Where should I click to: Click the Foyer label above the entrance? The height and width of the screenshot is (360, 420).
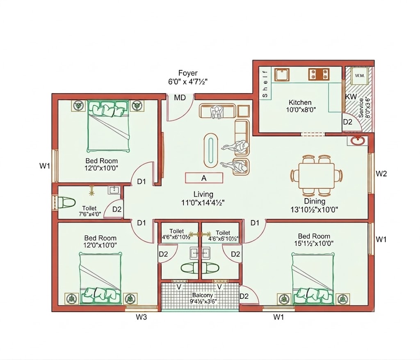pos(188,73)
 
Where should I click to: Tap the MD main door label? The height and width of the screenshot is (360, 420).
pos(180,98)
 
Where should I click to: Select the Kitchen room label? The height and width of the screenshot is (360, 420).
pos(300,102)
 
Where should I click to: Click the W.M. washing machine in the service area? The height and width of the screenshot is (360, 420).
pos(360,76)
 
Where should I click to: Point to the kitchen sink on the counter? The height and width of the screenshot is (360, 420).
pos(282,75)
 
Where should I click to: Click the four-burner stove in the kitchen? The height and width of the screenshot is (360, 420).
pos(319,74)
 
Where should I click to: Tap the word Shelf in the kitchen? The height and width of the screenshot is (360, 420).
pos(265,84)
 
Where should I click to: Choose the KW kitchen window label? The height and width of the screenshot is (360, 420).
pos(351,97)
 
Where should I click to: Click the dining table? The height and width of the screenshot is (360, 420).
pos(316,176)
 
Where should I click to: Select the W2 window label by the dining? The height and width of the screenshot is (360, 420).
pos(381,174)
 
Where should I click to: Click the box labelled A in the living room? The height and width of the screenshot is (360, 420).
pos(204,178)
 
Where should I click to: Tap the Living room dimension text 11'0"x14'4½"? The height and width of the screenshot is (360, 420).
pos(203,203)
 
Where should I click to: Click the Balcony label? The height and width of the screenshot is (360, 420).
pos(203,295)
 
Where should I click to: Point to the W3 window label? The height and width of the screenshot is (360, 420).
pos(141,317)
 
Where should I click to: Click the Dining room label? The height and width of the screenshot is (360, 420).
pos(315,201)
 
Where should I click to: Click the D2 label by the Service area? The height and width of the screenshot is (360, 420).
pos(347,122)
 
